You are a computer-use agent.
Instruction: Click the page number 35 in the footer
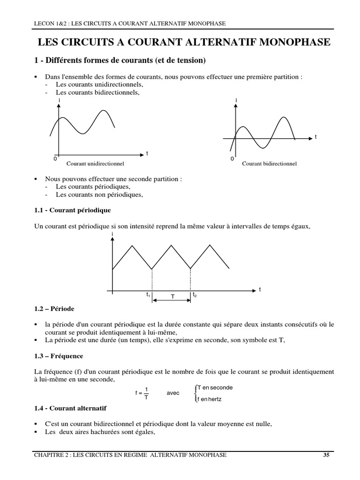[x=326, y=455]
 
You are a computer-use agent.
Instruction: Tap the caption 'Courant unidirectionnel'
[x=95, y=164]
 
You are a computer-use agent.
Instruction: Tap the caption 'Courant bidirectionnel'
[x=269, y=164]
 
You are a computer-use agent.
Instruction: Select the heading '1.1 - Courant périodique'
[x=73, y=210]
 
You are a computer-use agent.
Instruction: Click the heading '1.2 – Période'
[x=54, y=309]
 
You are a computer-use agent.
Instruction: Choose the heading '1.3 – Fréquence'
[x=58, y=356]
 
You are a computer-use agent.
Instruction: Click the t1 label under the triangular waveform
[x=148, y=295]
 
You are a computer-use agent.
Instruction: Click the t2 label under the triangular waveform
[x=195, y=295]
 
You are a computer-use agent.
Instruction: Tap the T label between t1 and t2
[x=172, y=297]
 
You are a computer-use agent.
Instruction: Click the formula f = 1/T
[x=142, y=393]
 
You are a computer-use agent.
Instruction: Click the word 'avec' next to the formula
[x=173, y=393]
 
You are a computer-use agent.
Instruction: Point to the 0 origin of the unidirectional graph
[x=55, y=159]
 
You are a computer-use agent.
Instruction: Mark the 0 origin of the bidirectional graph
[x=232, y=159]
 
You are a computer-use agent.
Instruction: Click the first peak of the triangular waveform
[x=132, y=245]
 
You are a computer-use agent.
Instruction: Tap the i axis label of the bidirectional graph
[x=236, y=100]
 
